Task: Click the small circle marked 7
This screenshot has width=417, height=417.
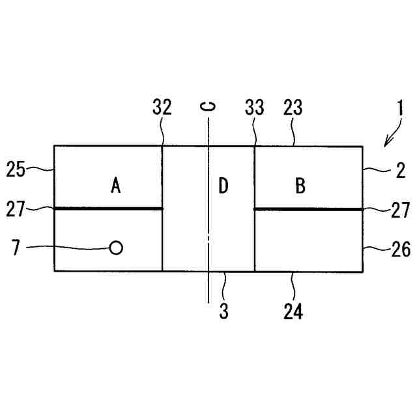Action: coord(116,248)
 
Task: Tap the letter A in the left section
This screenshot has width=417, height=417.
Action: coord(116,186)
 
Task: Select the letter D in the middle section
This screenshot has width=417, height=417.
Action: coord(223,186)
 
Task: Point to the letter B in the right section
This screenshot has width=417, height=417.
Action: coord(300,186)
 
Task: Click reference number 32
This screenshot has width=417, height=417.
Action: coord(162,108)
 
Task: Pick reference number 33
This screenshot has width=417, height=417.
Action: coord(254,108)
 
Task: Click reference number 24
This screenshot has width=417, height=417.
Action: coord(293,311)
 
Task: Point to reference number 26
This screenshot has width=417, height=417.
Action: coord(400,248)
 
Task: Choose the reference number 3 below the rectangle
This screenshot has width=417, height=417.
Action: coord(223,311)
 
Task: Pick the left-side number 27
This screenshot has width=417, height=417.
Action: coord(16,208)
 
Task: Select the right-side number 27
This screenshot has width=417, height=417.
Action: coord(400,210)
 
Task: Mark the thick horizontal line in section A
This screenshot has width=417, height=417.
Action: coord(108,208)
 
